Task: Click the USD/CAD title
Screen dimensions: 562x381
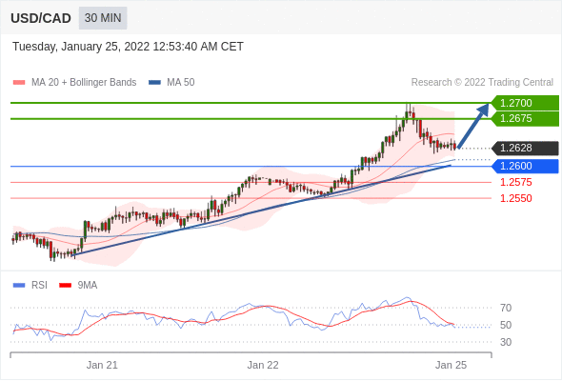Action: [41, 18]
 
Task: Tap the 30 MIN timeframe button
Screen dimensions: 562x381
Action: [103, 18]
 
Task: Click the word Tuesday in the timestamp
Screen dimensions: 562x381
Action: [34, 47]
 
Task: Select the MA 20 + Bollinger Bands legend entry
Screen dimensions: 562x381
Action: [74, 83]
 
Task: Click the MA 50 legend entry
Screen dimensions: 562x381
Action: [171, 83]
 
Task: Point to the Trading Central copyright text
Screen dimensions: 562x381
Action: [482, 83]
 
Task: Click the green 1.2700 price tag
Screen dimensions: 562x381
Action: [526, 103]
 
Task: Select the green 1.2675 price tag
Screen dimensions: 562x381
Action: [526, 119]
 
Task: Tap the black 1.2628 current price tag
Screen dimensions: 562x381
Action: [526, 148]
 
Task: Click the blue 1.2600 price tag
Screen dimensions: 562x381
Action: [526, 167]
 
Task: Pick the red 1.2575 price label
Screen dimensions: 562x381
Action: [515, 182]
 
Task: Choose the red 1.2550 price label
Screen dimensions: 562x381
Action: [515, 198]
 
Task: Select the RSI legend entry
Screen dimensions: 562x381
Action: [30, 286]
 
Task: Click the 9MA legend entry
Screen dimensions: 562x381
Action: [78, 286]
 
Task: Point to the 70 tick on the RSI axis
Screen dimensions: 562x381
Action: [506, 308]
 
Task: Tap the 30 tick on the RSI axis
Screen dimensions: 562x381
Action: [506, 342]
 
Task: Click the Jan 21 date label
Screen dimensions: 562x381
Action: [102, 365]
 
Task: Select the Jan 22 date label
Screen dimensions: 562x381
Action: [263, 365]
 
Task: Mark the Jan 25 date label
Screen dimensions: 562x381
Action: [451, 365]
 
